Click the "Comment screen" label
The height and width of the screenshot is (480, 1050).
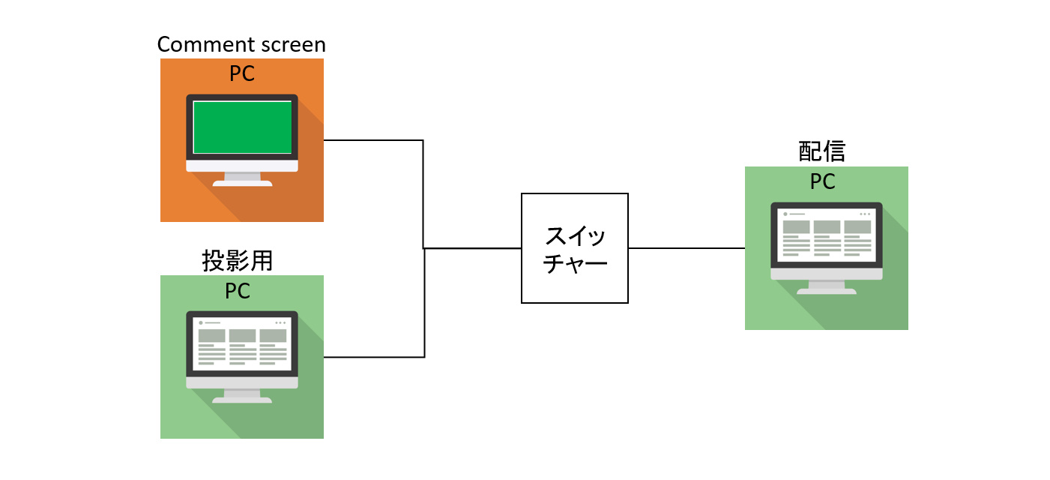[x=241, y=44]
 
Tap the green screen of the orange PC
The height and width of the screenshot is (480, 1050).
[x=242, y=127]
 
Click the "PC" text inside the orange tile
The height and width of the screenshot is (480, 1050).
[x=241, y=73]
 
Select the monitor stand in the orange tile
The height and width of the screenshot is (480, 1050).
[x=242, y=179]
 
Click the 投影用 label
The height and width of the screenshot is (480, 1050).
[x=237, y=261]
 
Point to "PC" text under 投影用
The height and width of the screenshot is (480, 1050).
[x=238, y=291]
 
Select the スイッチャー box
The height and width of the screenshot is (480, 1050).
[x=574, y=248]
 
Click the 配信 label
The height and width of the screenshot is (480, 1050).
[x=821, y=152]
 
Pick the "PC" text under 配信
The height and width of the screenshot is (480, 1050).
[x=822, y=182]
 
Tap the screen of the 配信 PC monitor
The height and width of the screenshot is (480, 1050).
[x=827, y=235]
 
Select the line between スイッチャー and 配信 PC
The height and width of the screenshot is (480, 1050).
[x=686, y=248]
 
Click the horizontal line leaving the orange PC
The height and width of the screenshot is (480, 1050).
[x=373, y=140]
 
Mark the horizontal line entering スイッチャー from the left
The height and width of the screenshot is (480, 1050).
[x=472, y=248]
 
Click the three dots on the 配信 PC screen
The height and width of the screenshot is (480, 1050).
[x=865, y=214]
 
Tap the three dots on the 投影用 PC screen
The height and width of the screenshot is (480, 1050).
[x=280, y=322]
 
